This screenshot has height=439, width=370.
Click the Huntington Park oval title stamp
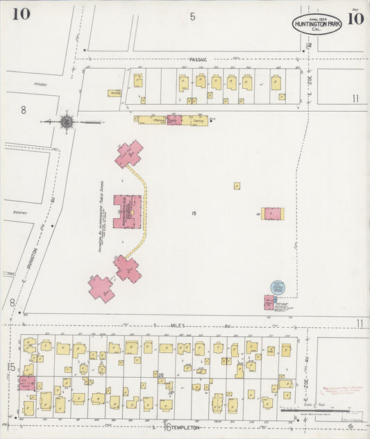(317, 24)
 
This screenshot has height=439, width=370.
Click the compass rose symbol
(67, 122)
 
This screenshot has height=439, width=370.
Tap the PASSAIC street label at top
(198, 60)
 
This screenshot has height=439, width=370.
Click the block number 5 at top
(192, 16)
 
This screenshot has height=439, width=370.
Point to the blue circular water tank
(278, 288)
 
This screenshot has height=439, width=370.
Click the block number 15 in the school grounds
(194, 213)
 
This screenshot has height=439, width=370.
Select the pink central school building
(127, 210)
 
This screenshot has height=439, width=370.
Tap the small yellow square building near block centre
(237, 186)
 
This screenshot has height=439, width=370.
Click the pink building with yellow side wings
(272, 214)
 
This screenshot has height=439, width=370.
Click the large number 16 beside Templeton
(167, 426)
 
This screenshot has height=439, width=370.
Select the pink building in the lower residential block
(26, 383)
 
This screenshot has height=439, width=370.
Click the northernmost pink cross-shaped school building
(128, 154)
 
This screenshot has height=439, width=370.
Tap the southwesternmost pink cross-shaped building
(101, 288)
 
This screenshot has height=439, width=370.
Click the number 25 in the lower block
(161, 376)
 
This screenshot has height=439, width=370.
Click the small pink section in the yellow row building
(174, 120)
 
